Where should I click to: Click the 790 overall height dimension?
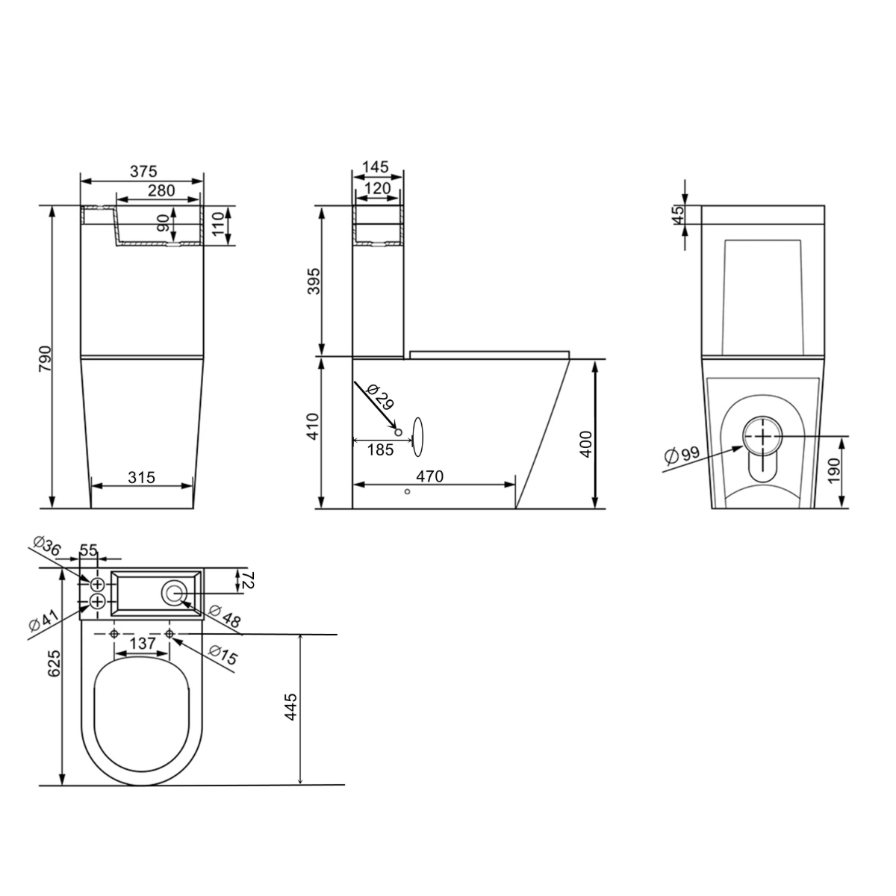[x=45, y=358]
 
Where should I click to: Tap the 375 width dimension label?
[x=143, y=172]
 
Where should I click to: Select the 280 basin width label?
[x=161, y=190]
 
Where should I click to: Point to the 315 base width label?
[x=141, y=477]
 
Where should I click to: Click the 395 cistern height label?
[x=314, y=281]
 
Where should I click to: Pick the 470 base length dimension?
[x=429, y=476]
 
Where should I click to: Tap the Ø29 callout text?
[x=380, y=397]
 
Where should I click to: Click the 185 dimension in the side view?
[x=380, y=449]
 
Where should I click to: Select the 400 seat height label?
[x=586, y=444]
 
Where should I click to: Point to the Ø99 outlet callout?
[x=682, y=455]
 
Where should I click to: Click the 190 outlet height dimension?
[x=834, y=470]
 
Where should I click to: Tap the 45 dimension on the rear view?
[x=679, y=214]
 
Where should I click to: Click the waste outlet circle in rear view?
[x=763, y=437]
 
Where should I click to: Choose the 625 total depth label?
[x=54, y=664]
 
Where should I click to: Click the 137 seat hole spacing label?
[x=143, y=644]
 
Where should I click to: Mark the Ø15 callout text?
[x=223, y=655]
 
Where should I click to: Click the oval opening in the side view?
[x=418, y=437]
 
